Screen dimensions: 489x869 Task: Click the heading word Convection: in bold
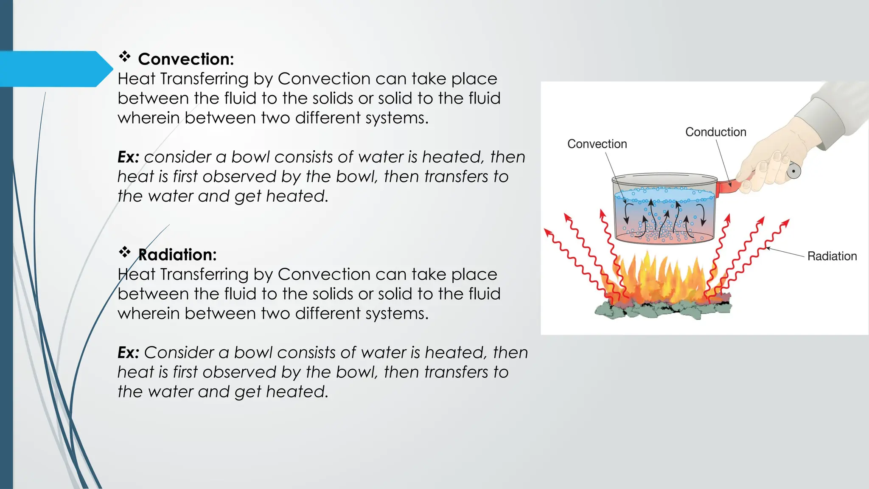[186, 59]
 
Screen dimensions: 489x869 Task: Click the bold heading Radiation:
[177, 255]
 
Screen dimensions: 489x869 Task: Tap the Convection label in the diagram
[597, 144]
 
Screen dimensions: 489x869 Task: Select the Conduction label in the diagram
[715, 132]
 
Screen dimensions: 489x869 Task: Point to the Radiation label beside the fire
[832, 256]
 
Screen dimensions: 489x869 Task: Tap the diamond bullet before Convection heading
[124, 56]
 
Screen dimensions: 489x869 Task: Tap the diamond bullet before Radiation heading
[124, 252]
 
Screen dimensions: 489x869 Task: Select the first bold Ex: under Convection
[128, 157]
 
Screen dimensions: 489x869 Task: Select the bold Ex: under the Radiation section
[128, 353]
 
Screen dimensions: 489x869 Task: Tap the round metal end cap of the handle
[793, 171]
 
